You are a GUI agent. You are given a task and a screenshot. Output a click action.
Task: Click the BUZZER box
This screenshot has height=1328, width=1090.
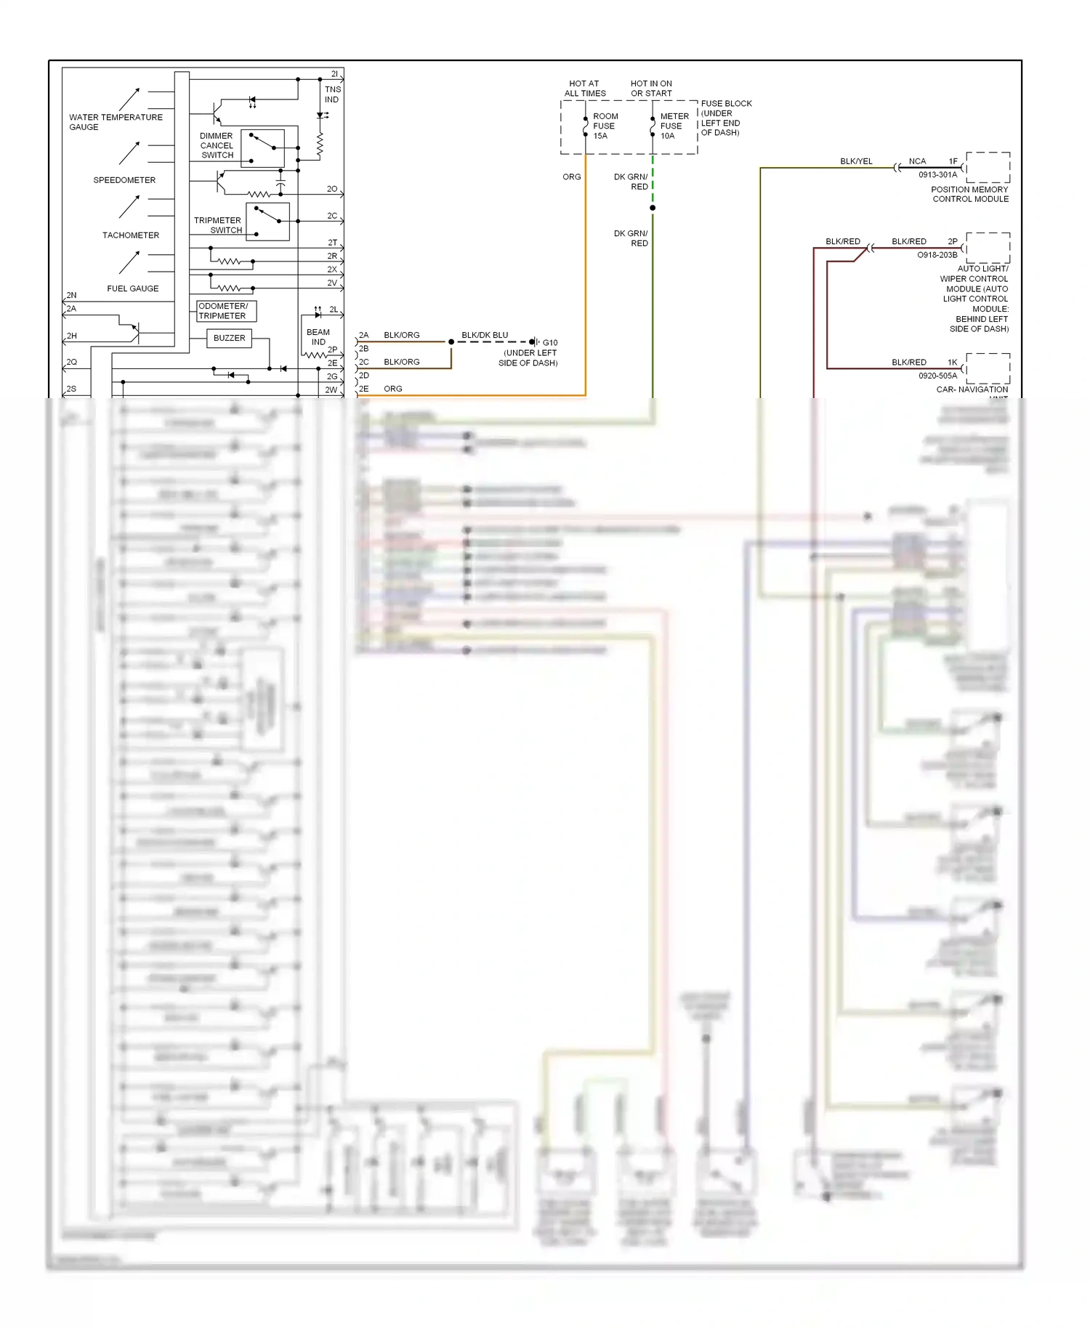[229, 338]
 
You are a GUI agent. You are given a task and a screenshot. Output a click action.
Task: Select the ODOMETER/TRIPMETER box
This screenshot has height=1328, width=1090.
[226, 311]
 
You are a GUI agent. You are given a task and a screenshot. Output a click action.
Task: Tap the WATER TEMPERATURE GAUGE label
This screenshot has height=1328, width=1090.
[115, 122]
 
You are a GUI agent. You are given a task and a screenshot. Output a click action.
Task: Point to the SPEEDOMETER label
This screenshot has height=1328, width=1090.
[124, 180]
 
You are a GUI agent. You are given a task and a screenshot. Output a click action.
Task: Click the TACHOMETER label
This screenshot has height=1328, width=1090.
[131, 235]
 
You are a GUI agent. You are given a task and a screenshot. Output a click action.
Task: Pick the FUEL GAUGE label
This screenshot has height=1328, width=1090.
[133, 288]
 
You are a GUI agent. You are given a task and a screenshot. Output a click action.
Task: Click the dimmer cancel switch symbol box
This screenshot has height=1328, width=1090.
[262, 148]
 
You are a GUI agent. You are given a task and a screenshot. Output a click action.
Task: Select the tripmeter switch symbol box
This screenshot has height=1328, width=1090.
[268, 222]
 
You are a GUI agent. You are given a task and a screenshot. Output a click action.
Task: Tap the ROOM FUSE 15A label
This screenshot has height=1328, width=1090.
[605, 126]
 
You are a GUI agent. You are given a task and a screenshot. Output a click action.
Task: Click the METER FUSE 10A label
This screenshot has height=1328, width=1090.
[674, 126]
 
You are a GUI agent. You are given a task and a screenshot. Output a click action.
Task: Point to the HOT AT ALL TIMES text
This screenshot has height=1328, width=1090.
[585, 89]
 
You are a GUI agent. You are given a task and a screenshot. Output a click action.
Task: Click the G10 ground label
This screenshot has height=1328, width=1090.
[550, 343]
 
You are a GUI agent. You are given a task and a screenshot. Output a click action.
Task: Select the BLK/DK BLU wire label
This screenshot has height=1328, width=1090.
[485, 335]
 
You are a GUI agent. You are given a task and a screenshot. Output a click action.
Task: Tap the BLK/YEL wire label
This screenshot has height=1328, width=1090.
[856, 161]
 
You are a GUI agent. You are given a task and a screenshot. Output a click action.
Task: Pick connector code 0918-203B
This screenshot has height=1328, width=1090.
[937, 255]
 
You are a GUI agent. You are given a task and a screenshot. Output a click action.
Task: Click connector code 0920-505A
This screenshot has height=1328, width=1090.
[937, 376]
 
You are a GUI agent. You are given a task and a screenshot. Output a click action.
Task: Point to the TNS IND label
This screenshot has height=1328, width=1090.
[332, 94]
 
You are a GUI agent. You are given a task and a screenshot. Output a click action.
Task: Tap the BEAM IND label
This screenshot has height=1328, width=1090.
[318, 337]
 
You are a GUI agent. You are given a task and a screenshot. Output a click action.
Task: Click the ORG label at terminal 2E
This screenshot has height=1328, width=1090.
[393, 389]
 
